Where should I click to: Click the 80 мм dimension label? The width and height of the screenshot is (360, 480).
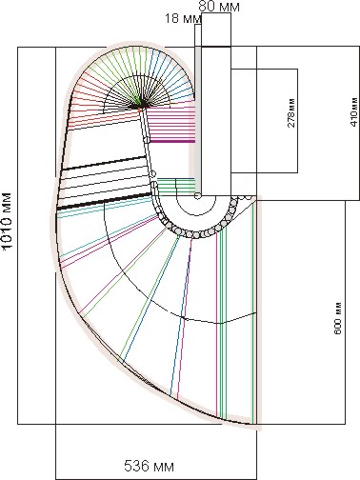coord(219,7)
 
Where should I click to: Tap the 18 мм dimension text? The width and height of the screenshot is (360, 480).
coord(183,18)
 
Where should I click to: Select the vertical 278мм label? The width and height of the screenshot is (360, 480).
coord(291,112)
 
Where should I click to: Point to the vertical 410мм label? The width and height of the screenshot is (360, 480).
coord(353,110)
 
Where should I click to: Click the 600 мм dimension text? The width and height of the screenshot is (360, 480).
coord(338,318)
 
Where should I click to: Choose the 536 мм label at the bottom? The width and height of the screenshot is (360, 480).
coord(149,467)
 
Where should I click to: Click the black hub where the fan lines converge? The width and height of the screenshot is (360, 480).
coord(142,104)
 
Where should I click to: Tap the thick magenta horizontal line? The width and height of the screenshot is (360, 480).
coord(171,141)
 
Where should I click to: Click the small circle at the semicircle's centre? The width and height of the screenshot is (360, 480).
coord(197,195)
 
